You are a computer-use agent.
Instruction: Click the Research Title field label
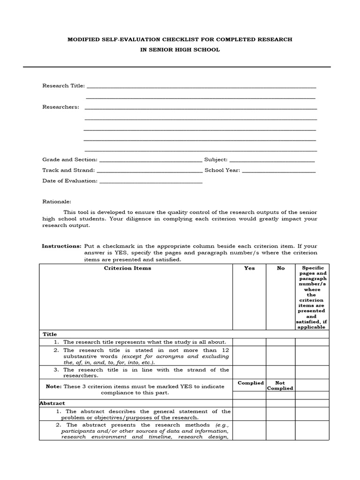63,86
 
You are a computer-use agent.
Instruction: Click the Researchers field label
60,107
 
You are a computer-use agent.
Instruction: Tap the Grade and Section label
70,160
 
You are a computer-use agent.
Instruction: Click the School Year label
222,170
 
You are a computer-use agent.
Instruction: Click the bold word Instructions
61,246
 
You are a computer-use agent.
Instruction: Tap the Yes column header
249,268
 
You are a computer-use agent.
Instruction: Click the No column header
281,268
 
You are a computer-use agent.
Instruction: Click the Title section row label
50,334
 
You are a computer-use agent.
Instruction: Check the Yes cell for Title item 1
249,342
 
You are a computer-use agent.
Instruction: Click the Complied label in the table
251,383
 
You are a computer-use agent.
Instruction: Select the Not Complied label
280,385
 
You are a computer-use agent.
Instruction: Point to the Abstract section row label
52,403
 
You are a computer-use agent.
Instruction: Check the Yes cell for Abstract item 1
249,414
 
